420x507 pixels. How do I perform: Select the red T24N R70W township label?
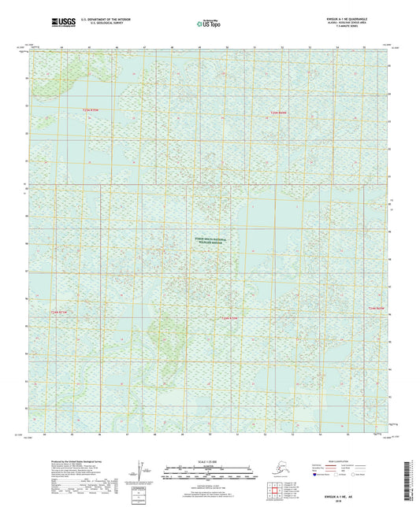228,317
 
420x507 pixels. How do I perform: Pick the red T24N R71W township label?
60,313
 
